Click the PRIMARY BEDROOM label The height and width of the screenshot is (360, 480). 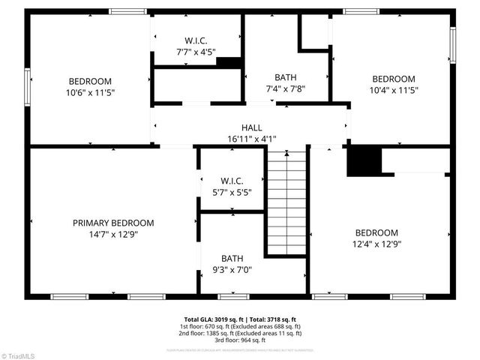point(113,223)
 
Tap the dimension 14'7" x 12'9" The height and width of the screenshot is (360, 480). point(113,234)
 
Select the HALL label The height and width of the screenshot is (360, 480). point(251,127)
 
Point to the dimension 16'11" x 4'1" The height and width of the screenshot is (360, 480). point(251,139)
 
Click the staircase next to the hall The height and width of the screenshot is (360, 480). point(286,202)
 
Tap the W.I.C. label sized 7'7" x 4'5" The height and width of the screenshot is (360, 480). point(196,40)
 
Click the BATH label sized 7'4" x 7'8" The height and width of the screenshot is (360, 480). point(285,77)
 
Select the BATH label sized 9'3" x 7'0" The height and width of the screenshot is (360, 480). point(232,259)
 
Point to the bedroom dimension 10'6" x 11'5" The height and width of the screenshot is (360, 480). point(90,92)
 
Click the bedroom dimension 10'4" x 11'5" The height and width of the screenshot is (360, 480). point(394,90)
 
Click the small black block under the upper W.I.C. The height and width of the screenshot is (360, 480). point(229,63)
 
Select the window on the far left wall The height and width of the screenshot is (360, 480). point(27,87)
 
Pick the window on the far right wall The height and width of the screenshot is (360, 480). point(452,46)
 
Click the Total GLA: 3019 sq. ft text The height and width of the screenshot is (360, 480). point(211,319)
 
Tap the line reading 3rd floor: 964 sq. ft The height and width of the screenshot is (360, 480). point(240,340)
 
